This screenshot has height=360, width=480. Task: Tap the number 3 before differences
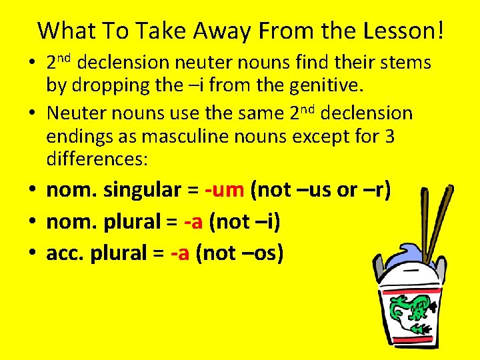[x=390, y=137]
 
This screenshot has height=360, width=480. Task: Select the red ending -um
[x=225, y=190]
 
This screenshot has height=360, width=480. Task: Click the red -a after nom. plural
[x=194, y=221]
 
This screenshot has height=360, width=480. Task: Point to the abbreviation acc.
[x=65, y=253]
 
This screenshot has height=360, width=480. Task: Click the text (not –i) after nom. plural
[x=244, y=221]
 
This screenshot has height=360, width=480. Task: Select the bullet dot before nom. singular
[x=33, y=191]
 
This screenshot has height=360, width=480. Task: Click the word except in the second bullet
[x=323, y=137]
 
